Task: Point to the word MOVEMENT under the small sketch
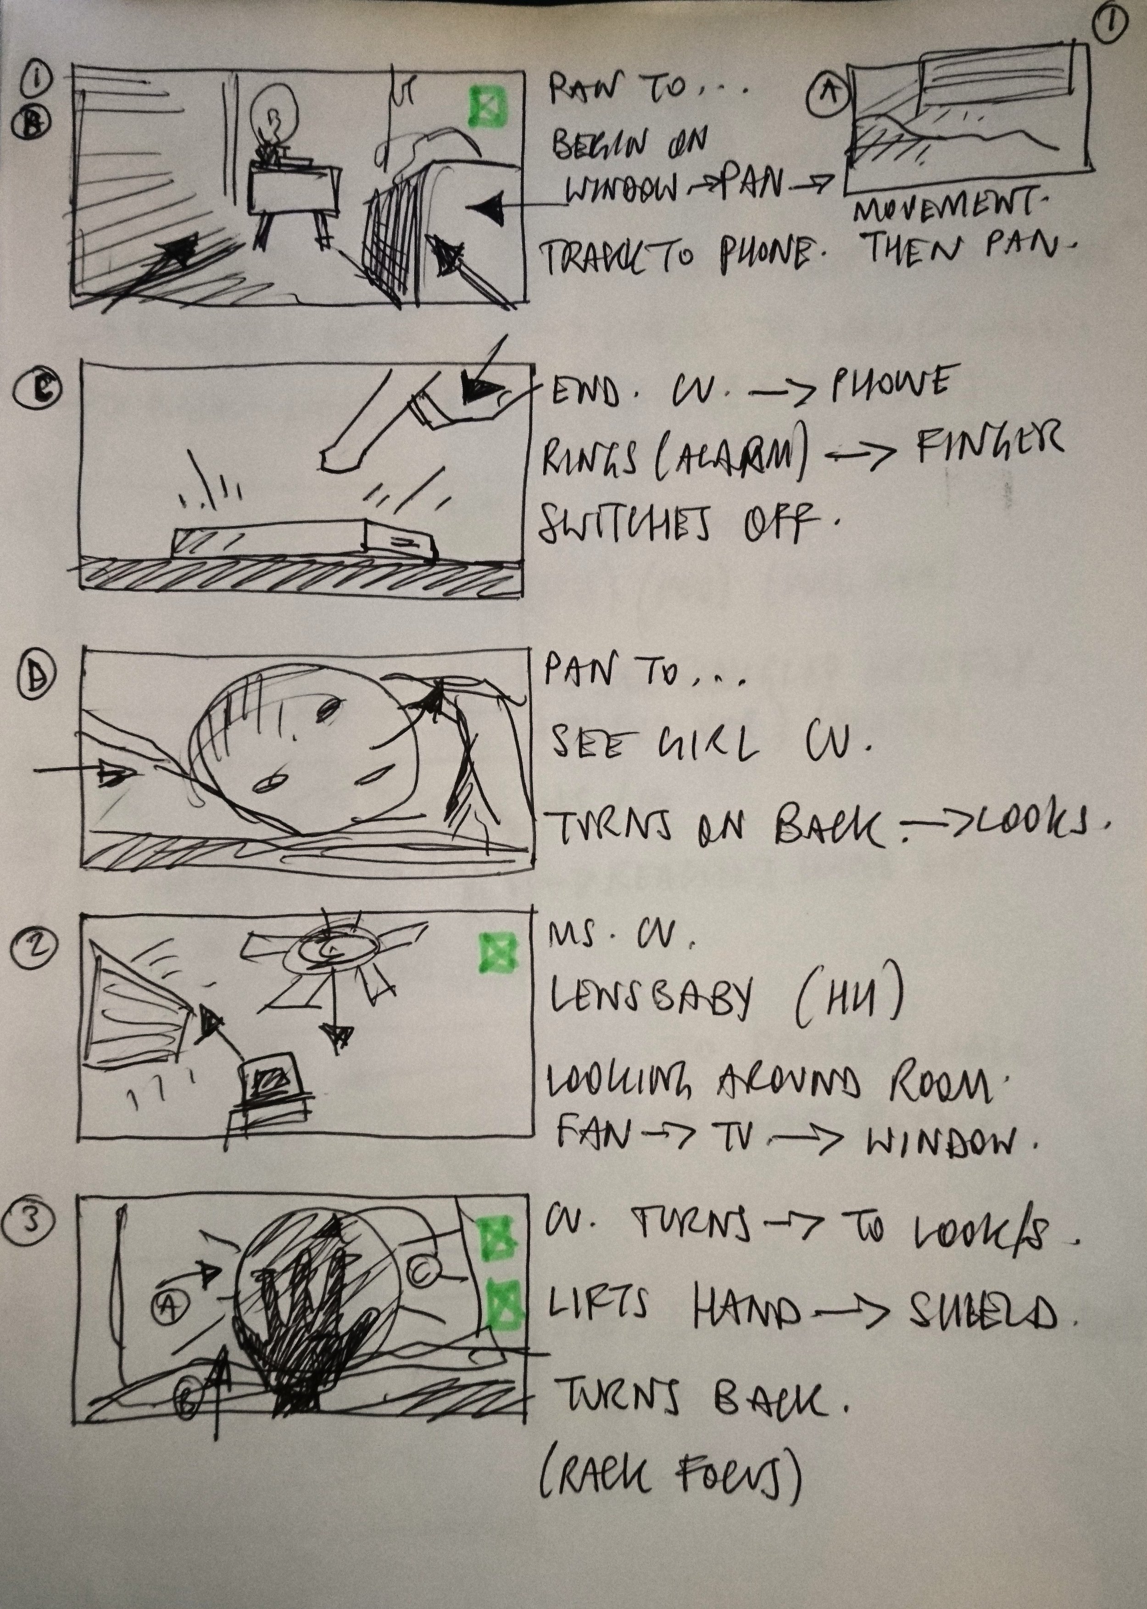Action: (x=950, y=209)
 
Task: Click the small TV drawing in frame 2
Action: (x=271, y=1081)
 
